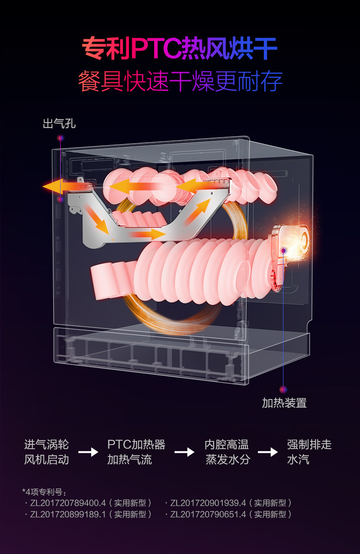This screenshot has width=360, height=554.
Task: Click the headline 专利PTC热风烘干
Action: (180, 48)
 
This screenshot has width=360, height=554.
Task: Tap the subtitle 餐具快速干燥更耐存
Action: (180, 81)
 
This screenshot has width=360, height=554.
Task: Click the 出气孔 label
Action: (59, 124)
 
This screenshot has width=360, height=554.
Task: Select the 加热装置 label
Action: (284, 403)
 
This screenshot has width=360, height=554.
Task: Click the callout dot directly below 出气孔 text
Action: (61, 138)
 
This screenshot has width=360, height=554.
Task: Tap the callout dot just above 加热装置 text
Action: (283, 389)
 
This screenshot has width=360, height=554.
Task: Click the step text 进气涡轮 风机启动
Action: (46, 452)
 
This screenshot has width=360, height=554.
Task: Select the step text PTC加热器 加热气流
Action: (136, 452)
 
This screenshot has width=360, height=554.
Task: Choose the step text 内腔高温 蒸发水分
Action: (227, 452)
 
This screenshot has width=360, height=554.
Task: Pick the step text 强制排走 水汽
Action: (309, 452)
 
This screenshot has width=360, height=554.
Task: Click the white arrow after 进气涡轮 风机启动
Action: (88, 452)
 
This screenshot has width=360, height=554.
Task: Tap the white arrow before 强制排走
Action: (268, 452)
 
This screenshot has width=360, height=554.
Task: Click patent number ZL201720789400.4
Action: (68, 503)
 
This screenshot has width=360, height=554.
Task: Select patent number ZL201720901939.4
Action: (208, 503)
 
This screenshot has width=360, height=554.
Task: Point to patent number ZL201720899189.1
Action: (68, 514)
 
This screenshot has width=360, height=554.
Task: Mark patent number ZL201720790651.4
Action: (208, 514)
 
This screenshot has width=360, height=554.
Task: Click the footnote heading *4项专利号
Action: (44, 492)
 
